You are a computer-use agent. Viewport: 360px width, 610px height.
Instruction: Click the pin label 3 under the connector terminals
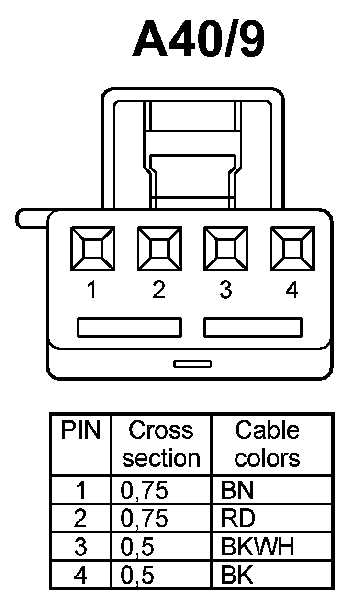tap(225, 290)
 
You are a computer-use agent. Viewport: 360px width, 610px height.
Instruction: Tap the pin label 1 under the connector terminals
tap(92, 290)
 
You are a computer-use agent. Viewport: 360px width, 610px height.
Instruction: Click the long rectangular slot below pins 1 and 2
tap(129, 327)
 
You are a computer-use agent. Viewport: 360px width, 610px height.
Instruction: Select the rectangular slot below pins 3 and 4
tap(253, 327)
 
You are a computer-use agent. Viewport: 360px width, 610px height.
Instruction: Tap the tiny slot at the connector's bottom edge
tap(192, 364)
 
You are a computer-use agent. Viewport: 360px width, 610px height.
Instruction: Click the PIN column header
tap(81, 431)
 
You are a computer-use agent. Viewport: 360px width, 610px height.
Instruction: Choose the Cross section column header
tap(161, 444)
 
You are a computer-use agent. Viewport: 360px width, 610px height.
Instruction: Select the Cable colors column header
tap(268, 444)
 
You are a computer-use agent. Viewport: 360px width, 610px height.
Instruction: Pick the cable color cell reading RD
tap(238, 518)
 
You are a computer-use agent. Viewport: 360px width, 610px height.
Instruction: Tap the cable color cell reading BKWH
tap(258, 547)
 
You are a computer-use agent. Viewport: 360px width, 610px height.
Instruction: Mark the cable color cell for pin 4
tap(237, 576)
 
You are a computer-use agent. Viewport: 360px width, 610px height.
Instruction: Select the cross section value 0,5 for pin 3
tap(137, 547)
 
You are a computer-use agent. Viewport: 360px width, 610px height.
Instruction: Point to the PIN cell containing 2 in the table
tap(81, 518)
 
